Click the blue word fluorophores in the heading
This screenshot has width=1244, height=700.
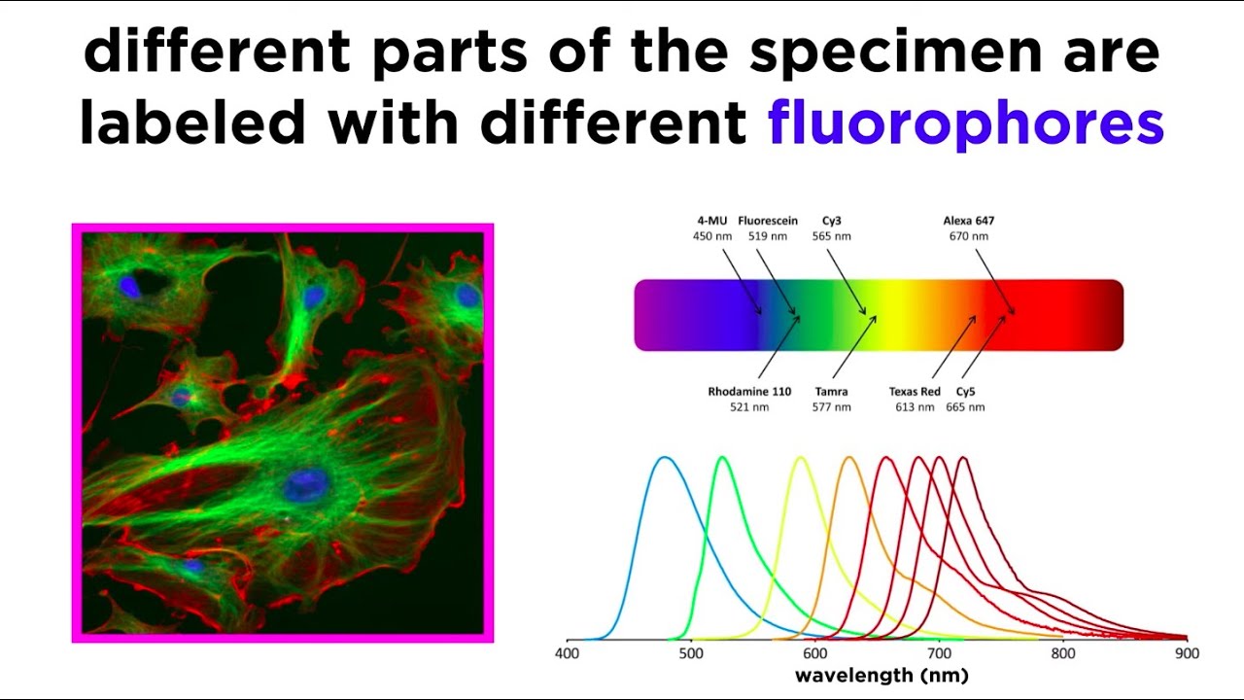point(965,124)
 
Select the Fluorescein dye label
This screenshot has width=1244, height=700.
point(768,221)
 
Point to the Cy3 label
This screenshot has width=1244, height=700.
point(831,221)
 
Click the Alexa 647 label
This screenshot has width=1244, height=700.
point(969,221)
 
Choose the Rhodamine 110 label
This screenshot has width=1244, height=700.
point(749,392)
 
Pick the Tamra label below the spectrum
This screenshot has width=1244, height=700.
point(831,392)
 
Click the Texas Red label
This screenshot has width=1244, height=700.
point(915,392)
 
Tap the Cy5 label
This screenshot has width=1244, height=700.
point(965,392)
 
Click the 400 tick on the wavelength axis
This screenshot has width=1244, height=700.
point(568,654)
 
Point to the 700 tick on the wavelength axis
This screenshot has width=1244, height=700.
point(939,654)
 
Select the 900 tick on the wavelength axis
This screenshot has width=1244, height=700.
point(1187,654)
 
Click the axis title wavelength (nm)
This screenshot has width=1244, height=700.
point(881,676)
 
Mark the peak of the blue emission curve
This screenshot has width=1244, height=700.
point(664,457)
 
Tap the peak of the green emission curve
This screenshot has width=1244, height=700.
point(722,457)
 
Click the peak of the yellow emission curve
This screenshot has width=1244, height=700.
point(801,457)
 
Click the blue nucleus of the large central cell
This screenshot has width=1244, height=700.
point(305,485)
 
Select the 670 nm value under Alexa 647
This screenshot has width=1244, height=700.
point(969,236)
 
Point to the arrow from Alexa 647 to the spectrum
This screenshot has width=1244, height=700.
point(994,281)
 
